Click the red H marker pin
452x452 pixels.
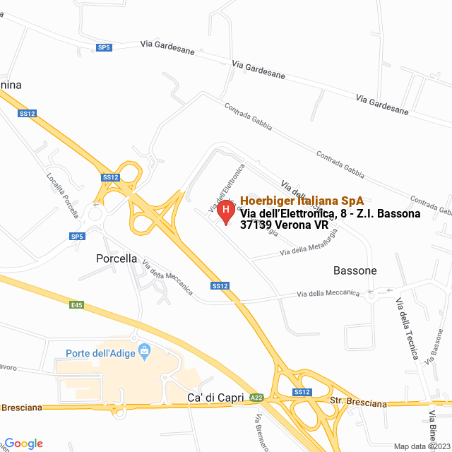[225, 210]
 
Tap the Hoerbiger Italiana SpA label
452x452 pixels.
[302, 201]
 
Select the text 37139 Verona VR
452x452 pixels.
[285, 226]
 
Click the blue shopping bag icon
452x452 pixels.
[145, 350]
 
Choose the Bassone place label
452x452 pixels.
[355, 270]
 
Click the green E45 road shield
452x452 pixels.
[76, 305]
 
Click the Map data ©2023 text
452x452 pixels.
[421, 446]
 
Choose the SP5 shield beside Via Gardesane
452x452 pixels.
[104, 47]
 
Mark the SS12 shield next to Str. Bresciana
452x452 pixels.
[302, 392]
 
